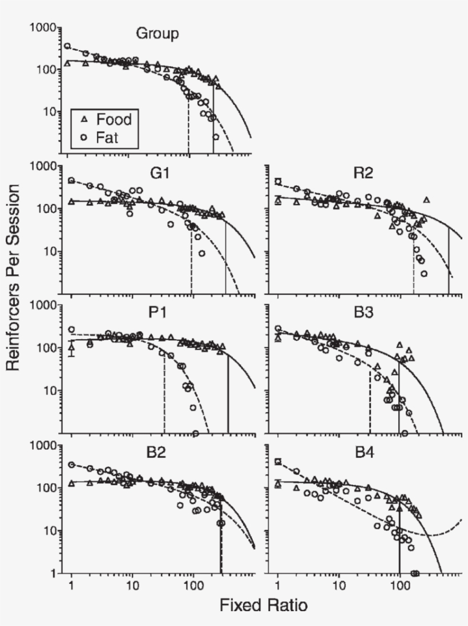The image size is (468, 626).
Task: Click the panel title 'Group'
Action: [157, 34]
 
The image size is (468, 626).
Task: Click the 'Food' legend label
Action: [114, 120]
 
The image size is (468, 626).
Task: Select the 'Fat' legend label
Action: [107, 137]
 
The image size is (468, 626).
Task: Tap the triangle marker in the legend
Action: [83, 120]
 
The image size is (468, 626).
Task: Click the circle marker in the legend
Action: [83, 137]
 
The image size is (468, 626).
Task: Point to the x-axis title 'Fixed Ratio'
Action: [264, 605]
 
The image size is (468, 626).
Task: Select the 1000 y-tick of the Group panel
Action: [43, 27]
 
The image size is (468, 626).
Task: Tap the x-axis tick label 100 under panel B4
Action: [400, 586]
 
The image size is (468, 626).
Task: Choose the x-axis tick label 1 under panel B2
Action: [71, 586]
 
